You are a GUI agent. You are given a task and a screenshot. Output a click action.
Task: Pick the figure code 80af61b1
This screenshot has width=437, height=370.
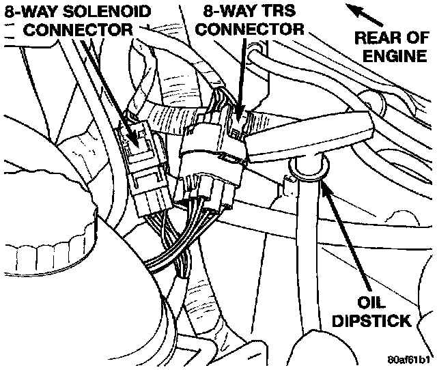tap(408, 359)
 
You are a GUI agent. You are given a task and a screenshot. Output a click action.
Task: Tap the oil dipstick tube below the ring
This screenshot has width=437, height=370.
tap(309, 259)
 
